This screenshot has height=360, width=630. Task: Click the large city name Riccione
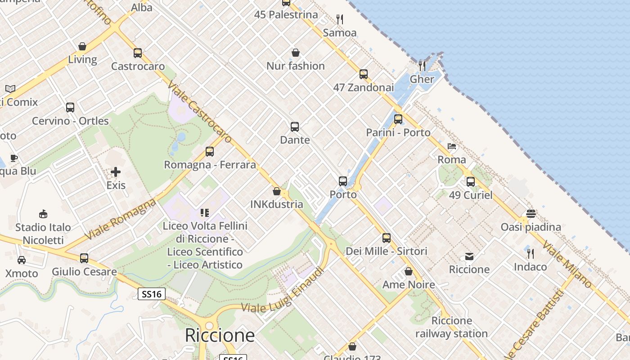[x=220, y=335]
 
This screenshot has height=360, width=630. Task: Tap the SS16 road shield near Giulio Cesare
[x=151, y=294]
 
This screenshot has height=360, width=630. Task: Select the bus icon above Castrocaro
[x=138, y=53]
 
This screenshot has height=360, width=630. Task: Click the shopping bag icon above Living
[x=82, y=46]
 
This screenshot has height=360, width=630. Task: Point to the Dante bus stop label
[x=295, y=140]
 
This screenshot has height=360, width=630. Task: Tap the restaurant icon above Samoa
[x=340, y=19]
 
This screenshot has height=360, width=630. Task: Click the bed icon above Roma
[x=452, y=146]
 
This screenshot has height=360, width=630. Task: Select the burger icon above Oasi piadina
[x=531, y=213]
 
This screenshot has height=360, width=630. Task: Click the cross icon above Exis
[x=116, y=172]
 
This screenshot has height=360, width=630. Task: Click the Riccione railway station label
[x=451, y=327]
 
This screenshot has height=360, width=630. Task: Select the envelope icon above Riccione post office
[x=469, y=256]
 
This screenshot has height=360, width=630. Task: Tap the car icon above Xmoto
[x=22, y=260]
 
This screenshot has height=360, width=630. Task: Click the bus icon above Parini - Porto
[x=398, y=119]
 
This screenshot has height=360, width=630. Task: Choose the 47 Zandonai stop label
[x=363, y=87]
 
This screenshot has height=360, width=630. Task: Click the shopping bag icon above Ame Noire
[x=409, y=271]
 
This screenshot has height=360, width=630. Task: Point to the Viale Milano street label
[x=567, y=265]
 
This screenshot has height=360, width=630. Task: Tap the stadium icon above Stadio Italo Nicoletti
[x=43, y=214]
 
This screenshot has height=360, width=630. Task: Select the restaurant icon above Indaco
[x=531, y=254]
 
